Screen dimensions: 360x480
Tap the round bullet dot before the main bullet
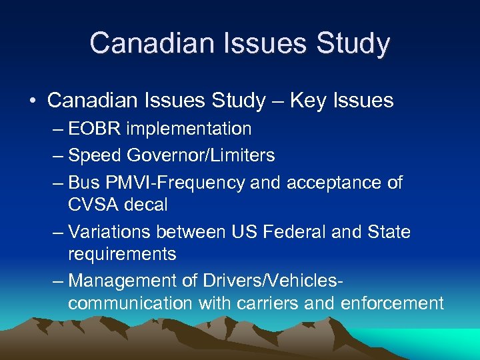point(32,101)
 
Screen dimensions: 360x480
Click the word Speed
point(95,155)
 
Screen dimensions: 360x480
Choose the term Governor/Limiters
point(201,155)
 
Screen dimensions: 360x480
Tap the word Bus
point(83,182)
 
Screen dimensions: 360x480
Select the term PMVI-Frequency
point(175,182)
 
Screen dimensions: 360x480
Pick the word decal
point(145,204)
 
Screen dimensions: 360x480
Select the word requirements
point(122,254)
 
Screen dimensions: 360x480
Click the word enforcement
point(392,303)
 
